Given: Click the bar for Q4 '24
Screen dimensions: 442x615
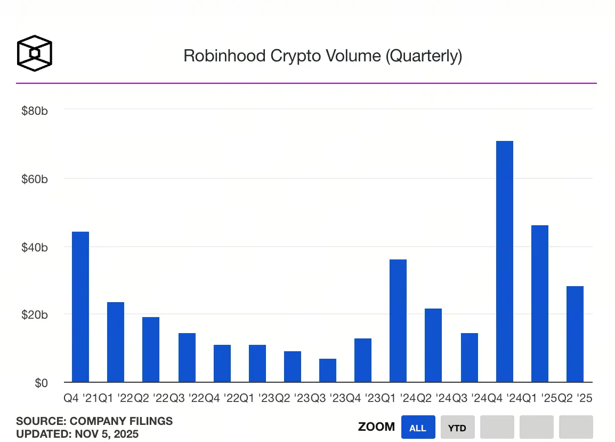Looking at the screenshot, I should (504, 262).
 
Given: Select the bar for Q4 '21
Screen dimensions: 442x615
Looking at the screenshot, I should (80, 307).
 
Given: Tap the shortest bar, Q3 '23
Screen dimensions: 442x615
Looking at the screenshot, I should (328, 370).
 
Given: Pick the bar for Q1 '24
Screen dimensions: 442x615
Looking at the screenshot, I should (398, 321).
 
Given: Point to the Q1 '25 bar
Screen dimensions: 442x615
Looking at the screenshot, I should (540, 304).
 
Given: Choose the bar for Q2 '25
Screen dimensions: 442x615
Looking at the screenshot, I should (575, 334).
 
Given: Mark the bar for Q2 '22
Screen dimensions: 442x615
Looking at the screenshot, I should (151, 350).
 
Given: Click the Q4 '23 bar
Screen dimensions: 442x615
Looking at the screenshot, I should (363, 360).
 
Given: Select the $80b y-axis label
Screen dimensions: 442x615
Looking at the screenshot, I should (35, 112).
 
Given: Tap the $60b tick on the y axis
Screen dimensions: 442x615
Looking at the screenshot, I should (35, 179).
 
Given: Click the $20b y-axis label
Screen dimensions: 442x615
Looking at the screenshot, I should (35, 315).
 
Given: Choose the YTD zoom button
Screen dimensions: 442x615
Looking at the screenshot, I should (457, 428).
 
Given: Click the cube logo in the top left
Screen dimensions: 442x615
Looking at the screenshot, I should (35, 54).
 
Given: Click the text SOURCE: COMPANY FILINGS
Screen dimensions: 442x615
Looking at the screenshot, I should (94, 421).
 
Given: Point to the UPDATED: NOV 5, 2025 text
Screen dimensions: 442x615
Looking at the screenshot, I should (77, 434).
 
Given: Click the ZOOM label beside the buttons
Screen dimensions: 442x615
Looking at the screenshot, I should (376, 427).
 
